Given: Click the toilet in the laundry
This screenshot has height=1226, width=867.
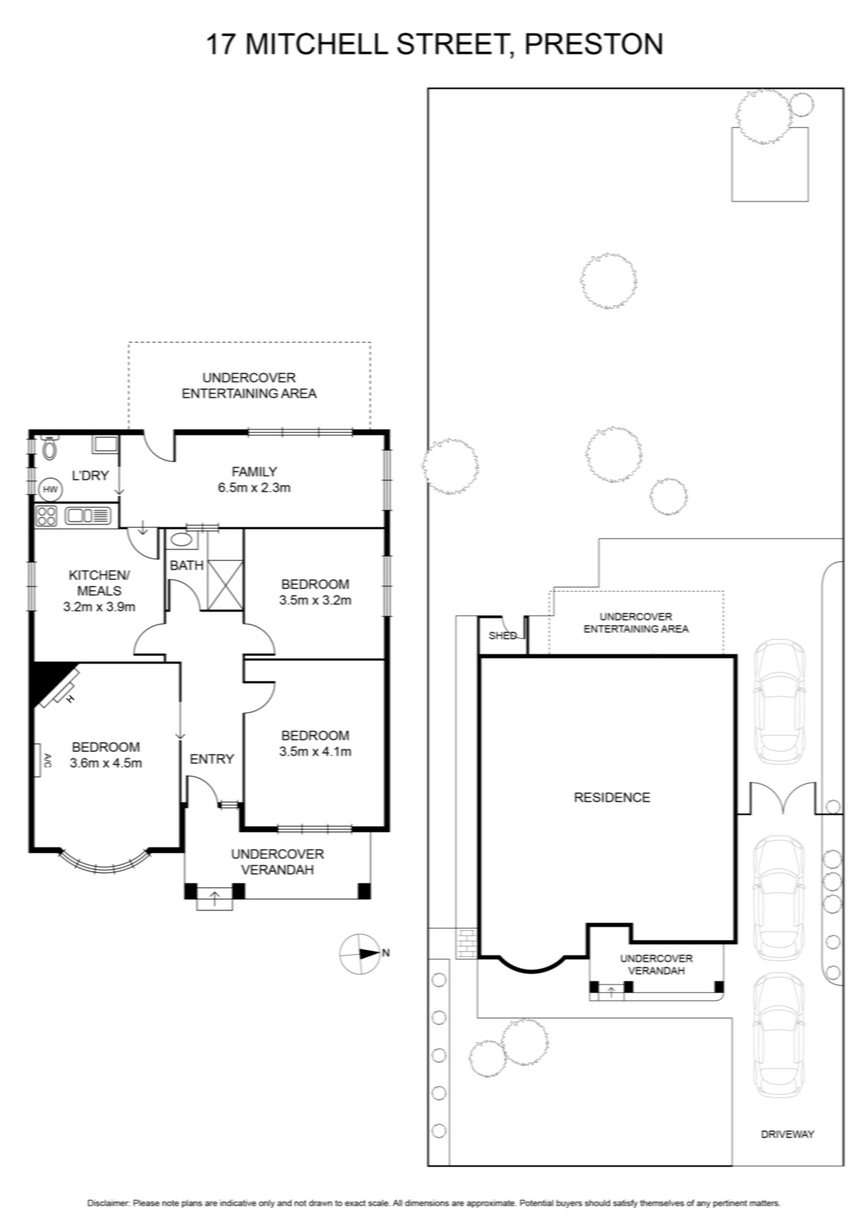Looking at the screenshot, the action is pos(50,447).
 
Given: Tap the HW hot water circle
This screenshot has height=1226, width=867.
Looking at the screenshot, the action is pos(49,489).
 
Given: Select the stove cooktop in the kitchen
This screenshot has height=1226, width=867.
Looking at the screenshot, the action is pos(46,516).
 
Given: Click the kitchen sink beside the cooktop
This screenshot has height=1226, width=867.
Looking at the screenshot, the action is pos(87,516).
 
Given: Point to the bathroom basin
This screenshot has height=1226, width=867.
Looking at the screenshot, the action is pos(181,540).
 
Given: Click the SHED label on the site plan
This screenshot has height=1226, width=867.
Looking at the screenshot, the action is pos(502,636).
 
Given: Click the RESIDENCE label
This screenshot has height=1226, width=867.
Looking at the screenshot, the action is pos(612,798).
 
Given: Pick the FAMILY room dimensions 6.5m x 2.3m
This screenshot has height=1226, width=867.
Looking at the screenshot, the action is pos(255,487).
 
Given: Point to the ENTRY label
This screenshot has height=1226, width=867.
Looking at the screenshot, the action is pos(212,759).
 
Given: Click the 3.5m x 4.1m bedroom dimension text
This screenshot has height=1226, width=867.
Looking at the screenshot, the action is pos(315,752).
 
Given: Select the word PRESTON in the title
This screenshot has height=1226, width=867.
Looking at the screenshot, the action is pos(593,44).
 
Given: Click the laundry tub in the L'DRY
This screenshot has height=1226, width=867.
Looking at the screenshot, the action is pos(105,444).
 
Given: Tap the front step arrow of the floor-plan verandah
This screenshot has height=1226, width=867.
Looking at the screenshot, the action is pos(214,898).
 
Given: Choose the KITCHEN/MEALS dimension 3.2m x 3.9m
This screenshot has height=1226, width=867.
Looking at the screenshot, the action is pos(99,606).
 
